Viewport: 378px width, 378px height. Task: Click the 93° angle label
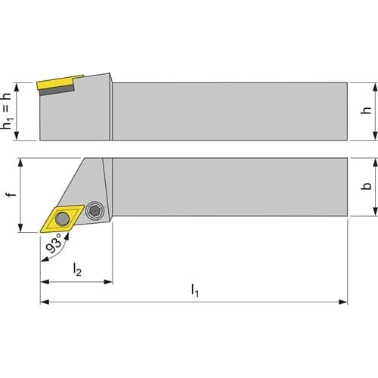click(54, 243)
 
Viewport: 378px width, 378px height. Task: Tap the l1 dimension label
click(195, 290)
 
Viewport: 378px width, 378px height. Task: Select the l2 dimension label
click(77, 269)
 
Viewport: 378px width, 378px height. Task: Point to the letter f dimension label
click(11, 194)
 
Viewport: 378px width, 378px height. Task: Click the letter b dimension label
click(366, 186)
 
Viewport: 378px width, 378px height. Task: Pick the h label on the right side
click(366, 110)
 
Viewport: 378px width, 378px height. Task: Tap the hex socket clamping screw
click(94, 210)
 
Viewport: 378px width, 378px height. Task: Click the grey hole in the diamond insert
click(62, 218)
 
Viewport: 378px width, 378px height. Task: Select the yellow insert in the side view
click(60, 82)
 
